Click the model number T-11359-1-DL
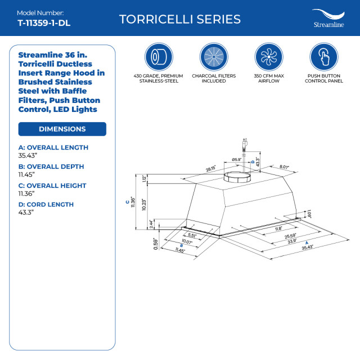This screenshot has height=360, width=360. click(x=44, y=23)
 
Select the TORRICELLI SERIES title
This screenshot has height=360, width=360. click(x=180, y=19)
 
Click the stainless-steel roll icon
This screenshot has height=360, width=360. click(x=159, y=57)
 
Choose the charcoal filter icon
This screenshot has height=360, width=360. click(x=213, y=57)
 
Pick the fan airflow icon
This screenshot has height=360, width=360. click(x=268, y=57)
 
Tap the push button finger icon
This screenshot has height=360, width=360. click(x=323, y=57)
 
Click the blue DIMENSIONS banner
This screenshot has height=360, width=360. click(x=62, y=129)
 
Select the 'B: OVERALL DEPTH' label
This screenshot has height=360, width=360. click(x=51, y=166)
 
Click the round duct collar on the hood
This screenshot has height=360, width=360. click(x=236, y=178)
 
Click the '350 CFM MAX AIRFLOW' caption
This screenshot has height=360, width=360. click(x=268, y=78)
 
